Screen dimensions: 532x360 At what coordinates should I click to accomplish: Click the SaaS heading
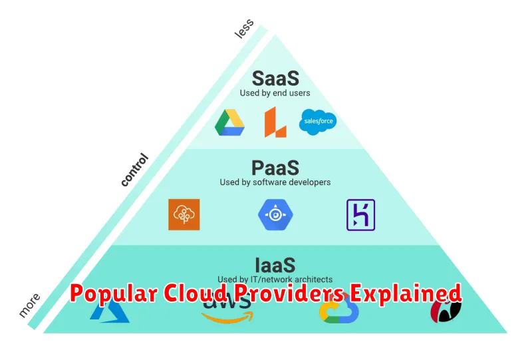tap(275, 79)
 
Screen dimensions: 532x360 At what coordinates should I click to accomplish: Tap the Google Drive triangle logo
tap(229, 122)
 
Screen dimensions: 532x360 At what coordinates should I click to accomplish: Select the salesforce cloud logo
tap(318, 122)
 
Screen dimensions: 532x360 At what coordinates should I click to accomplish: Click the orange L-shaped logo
tap(275, 122)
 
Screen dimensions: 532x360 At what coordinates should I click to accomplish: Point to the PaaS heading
tap(275, 168)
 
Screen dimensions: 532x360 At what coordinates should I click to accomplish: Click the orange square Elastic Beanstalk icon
tap(184, 215)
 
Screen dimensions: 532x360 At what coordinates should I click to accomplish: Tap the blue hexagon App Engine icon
tap(275, 215)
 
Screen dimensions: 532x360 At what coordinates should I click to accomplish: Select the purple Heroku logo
tap(360, 215)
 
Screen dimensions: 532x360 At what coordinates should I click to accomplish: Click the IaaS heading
tap(275, 266)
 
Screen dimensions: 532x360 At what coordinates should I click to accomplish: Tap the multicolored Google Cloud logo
tap(339, 309)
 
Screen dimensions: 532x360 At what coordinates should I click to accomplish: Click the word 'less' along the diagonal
tap(244, 29)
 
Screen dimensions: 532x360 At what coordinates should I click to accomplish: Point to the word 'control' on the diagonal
tap(135, 170)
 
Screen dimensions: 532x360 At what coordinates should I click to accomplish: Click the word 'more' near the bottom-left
tap(29, 305)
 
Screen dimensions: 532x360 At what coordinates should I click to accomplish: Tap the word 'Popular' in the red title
tap(114, 293)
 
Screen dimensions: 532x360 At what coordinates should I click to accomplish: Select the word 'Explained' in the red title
tap(406, 293)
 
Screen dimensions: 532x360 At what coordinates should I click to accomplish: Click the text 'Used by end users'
tap(275, 93)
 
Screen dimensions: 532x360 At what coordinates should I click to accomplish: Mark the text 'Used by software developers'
tap(275, 182)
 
